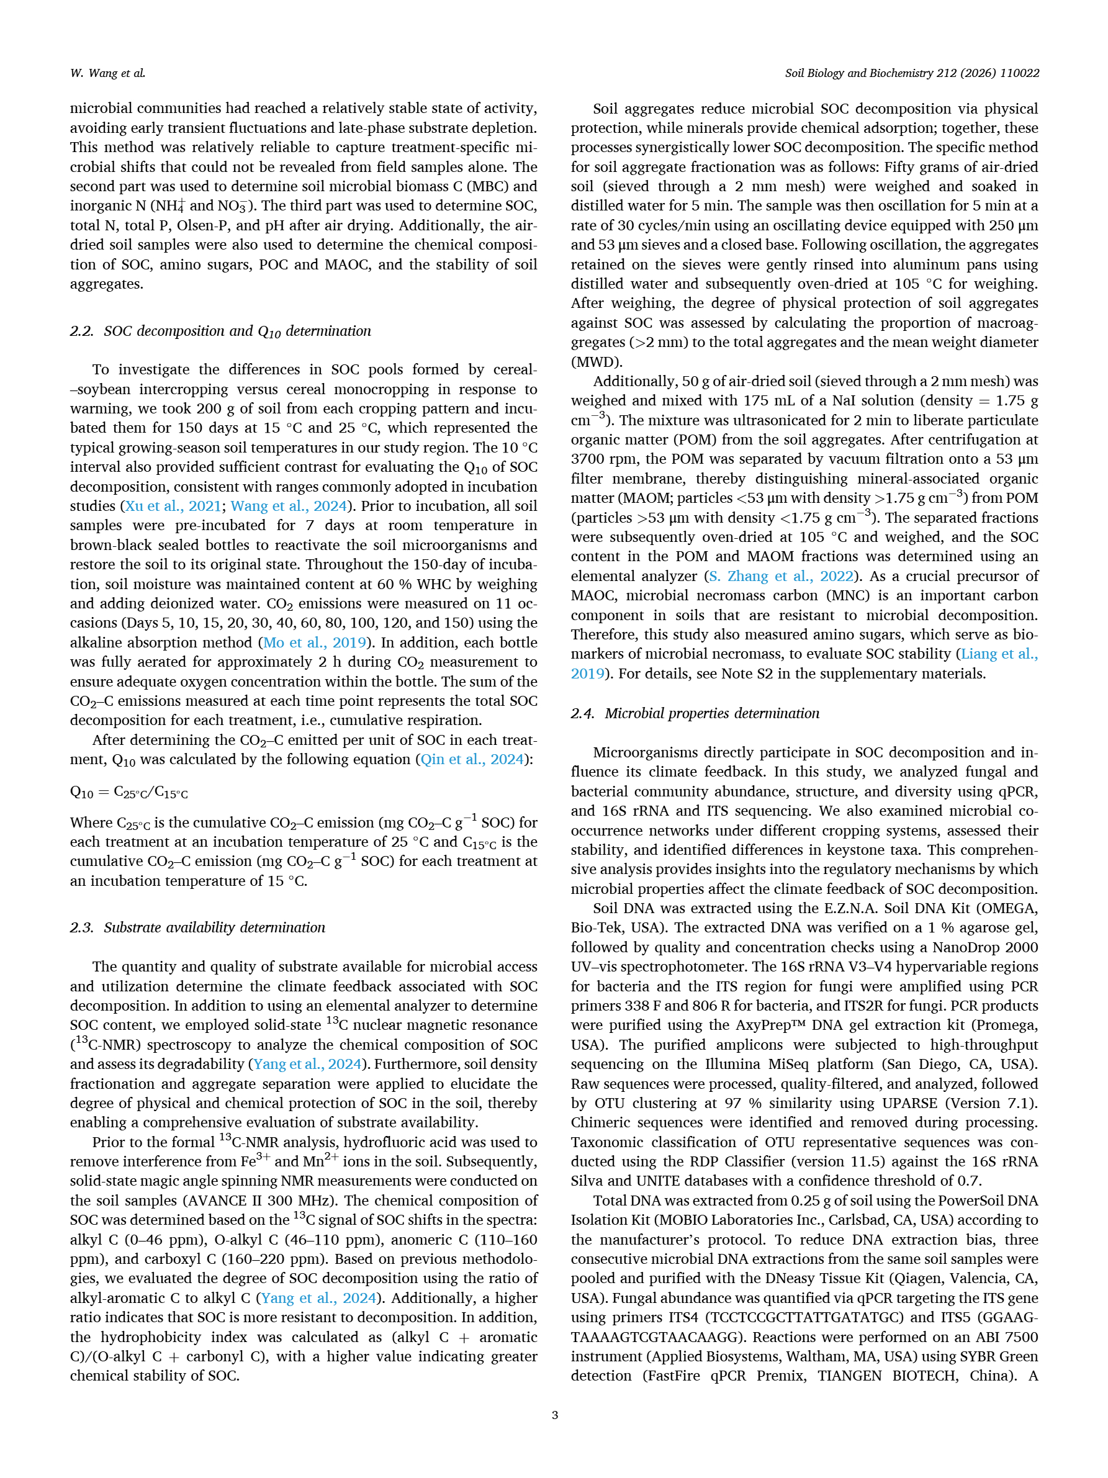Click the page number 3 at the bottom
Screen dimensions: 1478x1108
[x=554, y=1415]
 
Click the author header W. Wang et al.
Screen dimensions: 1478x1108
[x=107, y=73]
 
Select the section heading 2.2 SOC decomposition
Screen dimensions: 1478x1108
[x=220, y=331]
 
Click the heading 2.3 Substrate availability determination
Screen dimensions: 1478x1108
[x=197, y=927]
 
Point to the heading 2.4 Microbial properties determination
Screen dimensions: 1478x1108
[x=695, y=714]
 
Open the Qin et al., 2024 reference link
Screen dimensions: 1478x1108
[x=472, y=760]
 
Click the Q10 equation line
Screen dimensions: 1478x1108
[x=129, y=793]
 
